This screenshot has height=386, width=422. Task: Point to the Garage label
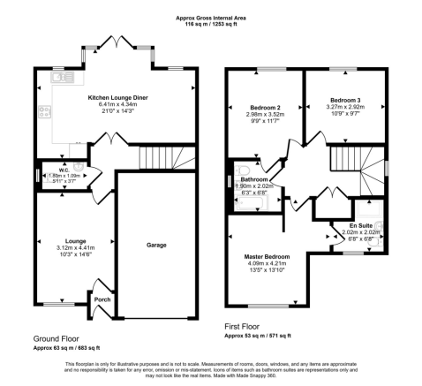click(x=155, y=245)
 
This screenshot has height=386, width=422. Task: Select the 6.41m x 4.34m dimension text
click(x=116, y=106)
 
